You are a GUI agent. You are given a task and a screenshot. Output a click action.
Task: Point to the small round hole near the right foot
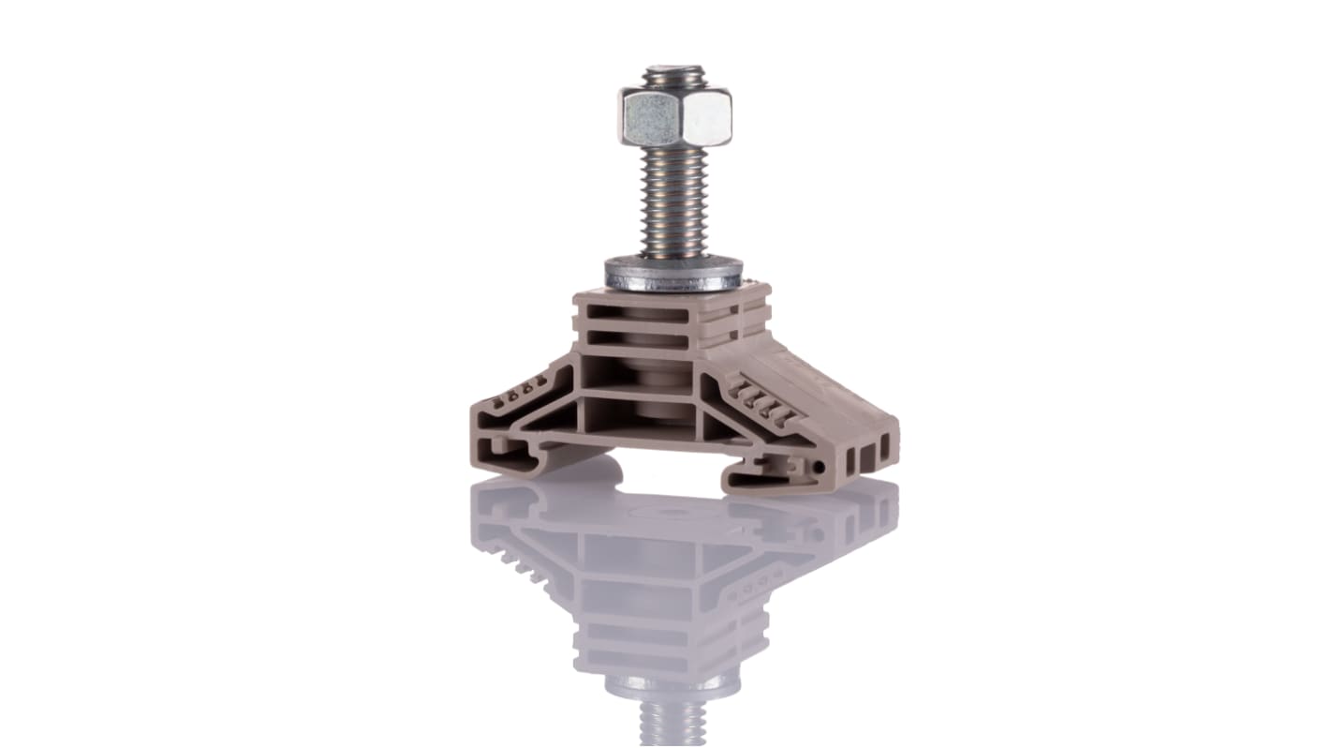coord(820,466)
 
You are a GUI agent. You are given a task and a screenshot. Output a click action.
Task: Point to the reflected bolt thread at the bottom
coord(661,726)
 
